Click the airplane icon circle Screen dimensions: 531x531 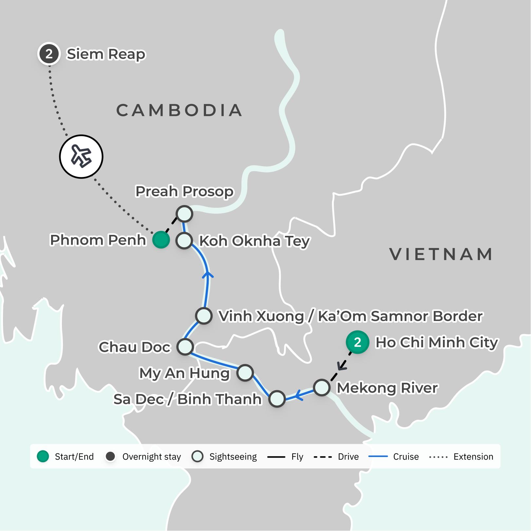tap(81, 157)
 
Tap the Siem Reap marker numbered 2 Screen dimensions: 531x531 tap(49, 54)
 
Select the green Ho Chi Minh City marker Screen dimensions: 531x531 tap(357, 342)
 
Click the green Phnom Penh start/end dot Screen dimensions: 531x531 tap(161, 240)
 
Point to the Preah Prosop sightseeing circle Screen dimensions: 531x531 tap(184, 214)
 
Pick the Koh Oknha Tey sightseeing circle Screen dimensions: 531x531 tap(184, 241)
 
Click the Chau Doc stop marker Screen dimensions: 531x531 tap(185, 347)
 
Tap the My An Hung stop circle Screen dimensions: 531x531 tap(245, 373)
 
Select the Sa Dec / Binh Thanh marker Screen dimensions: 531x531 tap(277, 399)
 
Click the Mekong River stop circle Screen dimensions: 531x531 tap(321, 388)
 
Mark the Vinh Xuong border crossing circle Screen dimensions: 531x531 tap(204, 316)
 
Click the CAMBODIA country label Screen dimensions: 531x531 tap(179, 110)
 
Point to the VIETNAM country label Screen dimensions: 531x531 tap(441, 255)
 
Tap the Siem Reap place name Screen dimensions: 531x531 tap(106, 54)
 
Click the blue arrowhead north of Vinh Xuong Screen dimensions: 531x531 tap(207, 275)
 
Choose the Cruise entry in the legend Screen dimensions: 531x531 tap(406, 457)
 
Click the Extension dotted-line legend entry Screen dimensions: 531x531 tap(473, 457)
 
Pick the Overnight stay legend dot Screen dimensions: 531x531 tap(110, 456)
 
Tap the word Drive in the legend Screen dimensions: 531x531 tap(348, 457)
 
